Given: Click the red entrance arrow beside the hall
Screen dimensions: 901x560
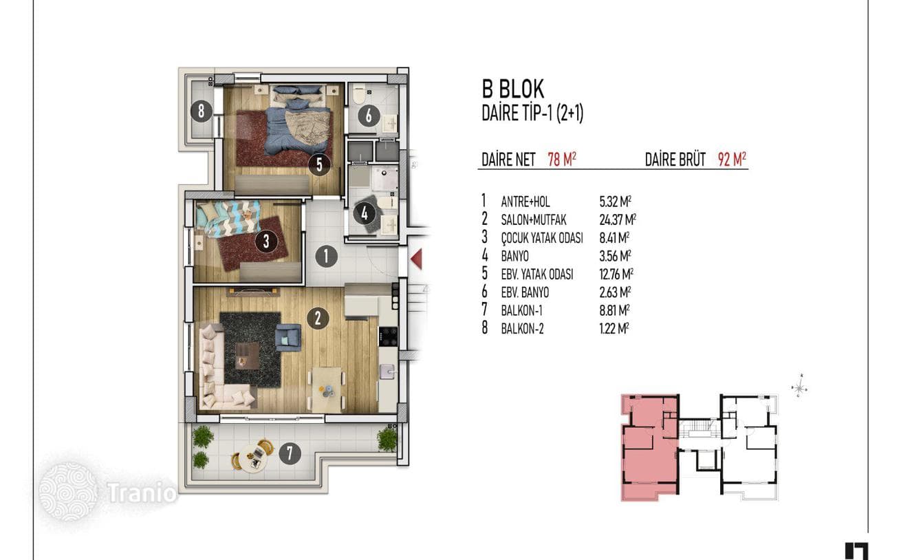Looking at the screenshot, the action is [x=417, y=259].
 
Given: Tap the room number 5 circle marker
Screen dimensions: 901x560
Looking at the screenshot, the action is [x=319, y=164].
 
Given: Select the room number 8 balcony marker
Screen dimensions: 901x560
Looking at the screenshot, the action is [x=201, y=111].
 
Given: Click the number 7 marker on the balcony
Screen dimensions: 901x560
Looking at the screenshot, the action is [x=290, y=453].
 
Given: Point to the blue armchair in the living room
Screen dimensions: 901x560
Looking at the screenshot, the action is [x=288, y=337].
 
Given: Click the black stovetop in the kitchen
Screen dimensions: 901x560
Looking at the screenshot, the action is [x=388, y=336].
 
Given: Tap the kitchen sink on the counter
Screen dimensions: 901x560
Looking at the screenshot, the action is [x=387, y=371].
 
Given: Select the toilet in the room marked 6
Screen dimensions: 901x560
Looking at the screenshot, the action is [x=359, y=94].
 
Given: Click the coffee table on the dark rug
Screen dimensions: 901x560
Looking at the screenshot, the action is [x=247, y=356].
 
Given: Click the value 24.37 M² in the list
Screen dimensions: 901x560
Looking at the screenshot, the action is [x=618, y=219].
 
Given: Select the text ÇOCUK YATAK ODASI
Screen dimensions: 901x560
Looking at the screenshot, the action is [x=542, y=238].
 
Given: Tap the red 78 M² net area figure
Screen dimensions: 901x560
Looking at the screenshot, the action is [x=562, y=160].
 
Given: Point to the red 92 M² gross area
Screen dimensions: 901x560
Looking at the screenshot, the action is [x=732, y=160].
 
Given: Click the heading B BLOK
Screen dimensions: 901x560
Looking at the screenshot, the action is [x=513, y=89].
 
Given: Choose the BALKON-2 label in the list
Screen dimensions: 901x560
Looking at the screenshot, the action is [x=523, y=329].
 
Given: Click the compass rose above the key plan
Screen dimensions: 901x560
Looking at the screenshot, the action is [x=800, y=387].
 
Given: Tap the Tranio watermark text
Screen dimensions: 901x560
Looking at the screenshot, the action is [x=142, y=493].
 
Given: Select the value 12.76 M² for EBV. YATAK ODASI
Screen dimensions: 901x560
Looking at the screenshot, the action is [x=616, y=274].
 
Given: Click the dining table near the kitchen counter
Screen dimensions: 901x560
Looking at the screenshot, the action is [x=327, y=389].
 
